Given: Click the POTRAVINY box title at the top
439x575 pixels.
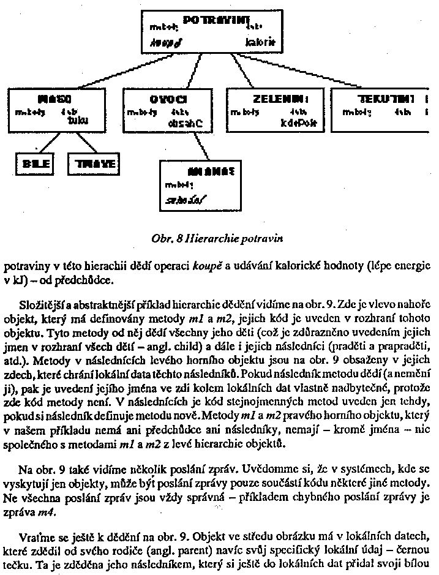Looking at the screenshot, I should pyautogui.click(x=214, y=20).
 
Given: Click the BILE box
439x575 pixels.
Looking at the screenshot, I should pyautogui.click(x=32, y=163).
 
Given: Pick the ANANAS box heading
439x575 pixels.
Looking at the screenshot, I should pyautogui.click(x=205, y=171).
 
